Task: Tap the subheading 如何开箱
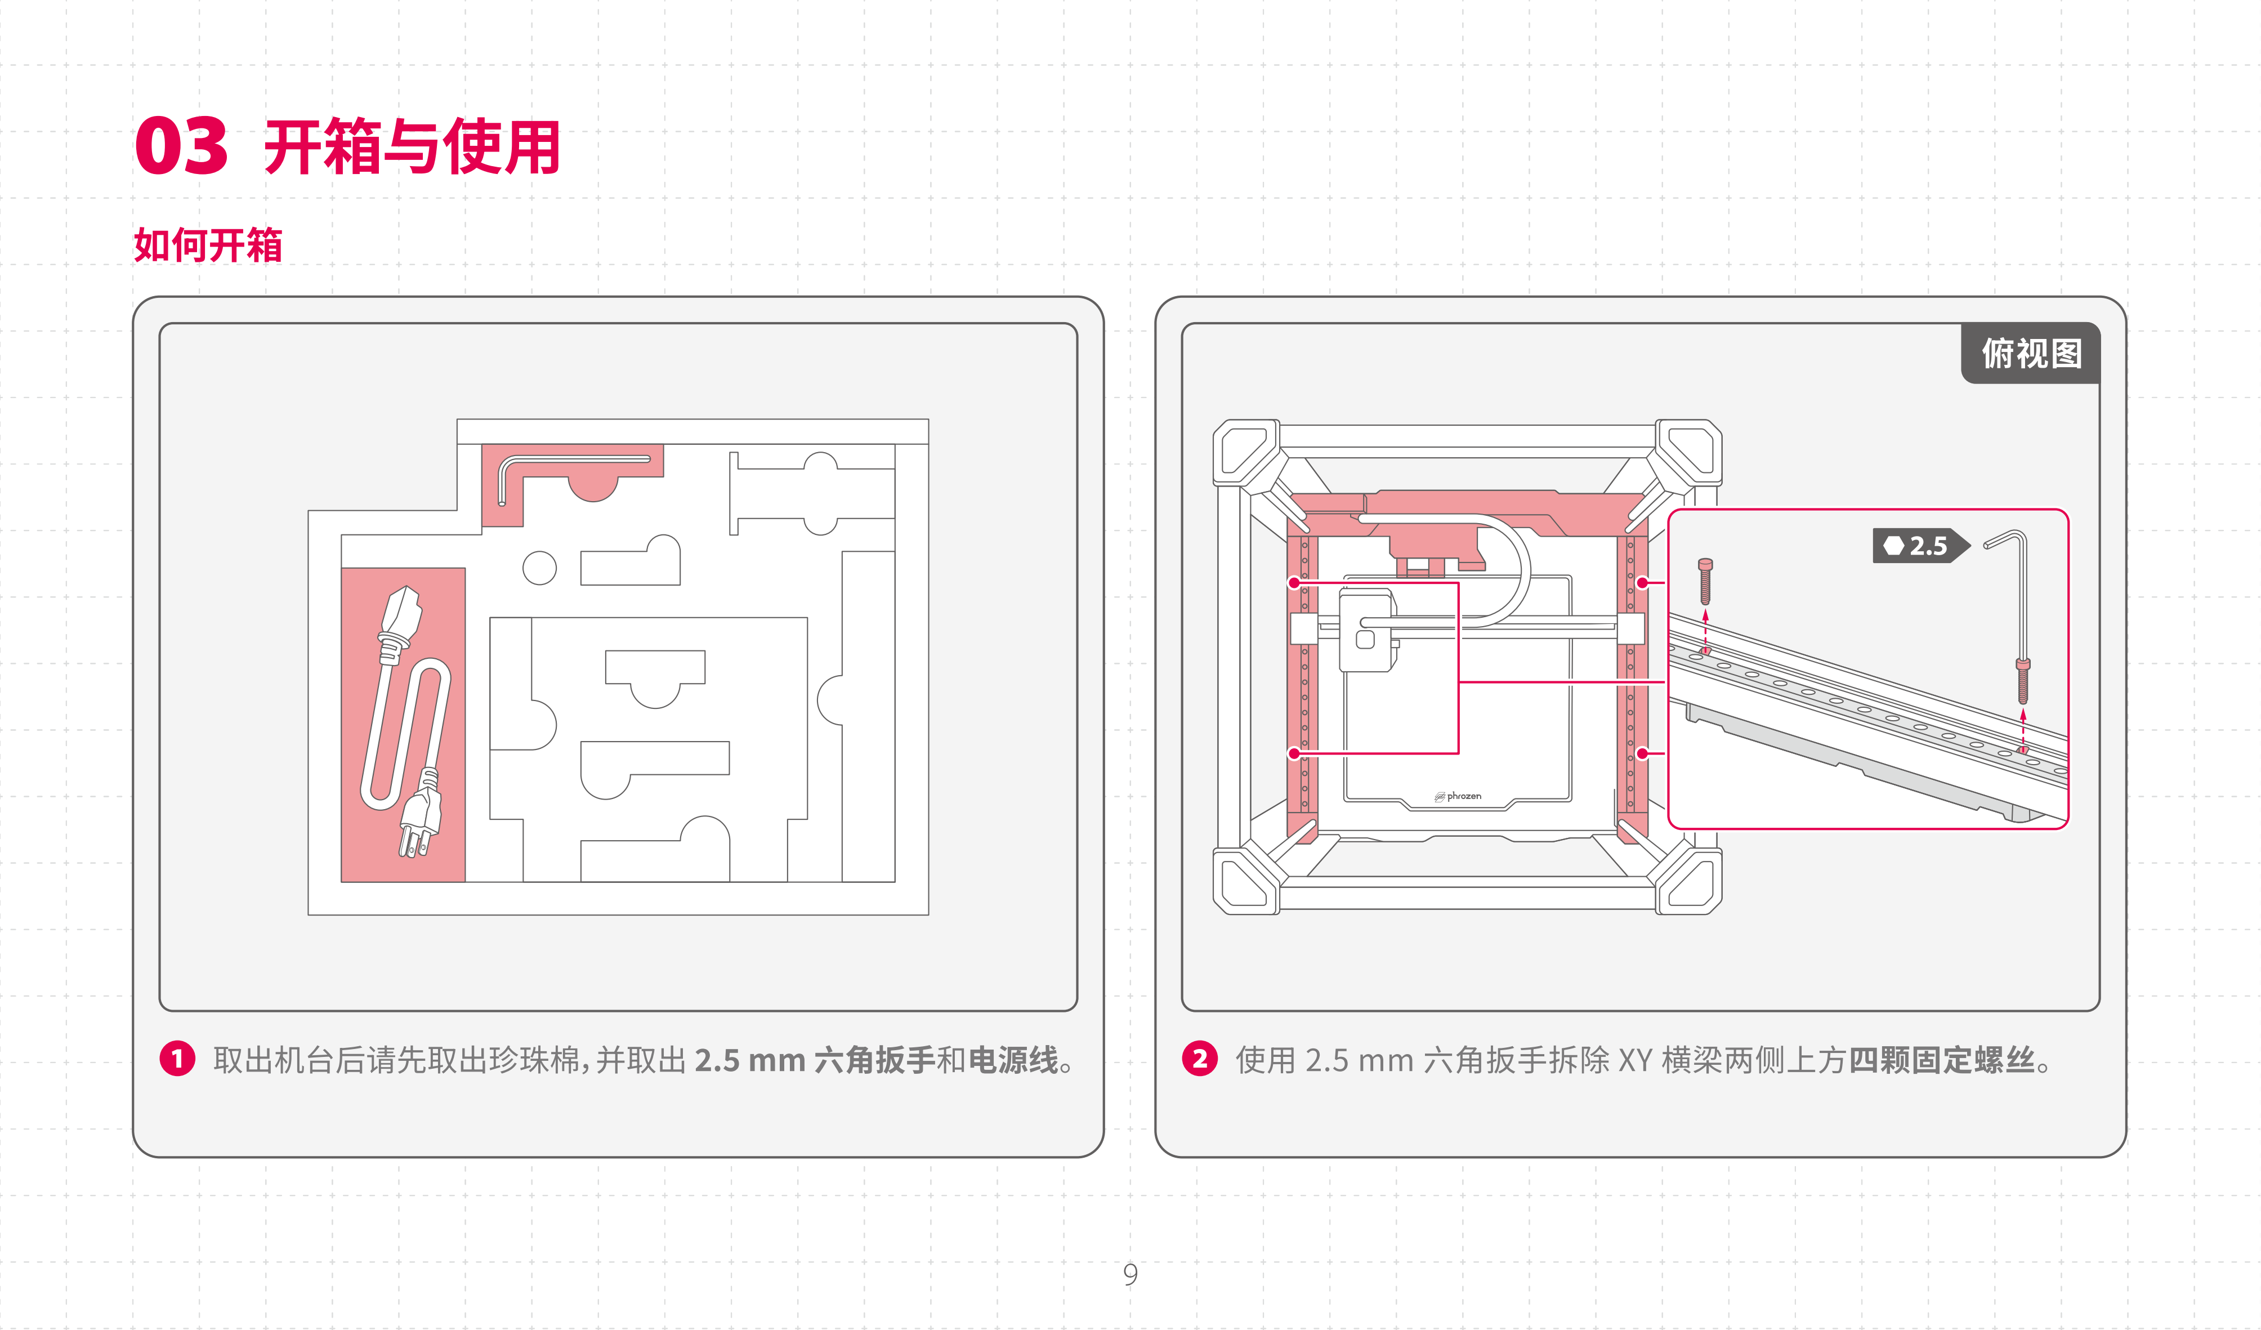(x=208, y=245)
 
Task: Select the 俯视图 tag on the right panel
(x=2031, y=354)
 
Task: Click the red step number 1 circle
(x=178, y=1059)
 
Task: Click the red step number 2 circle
(x=1200, y=1059)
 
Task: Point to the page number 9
(x=1130, y=1274)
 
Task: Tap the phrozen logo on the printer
(x=1458, y=796)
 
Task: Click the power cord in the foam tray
(x=405, y=718)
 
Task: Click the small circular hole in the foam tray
(x=539, y=567)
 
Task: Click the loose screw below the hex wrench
(x=2022, y=681)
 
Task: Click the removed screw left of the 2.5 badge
(x=1706, y=582)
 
